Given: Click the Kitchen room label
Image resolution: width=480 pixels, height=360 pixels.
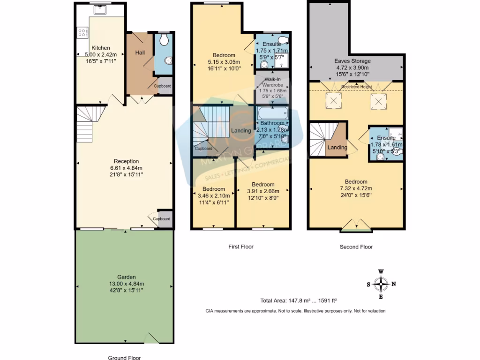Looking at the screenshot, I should coord(101,48).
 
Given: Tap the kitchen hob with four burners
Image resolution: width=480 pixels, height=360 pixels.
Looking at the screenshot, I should coord(82,32).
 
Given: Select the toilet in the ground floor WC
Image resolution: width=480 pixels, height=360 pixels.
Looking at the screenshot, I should coord(164,40).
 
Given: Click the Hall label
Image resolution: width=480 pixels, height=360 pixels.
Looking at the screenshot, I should coord(140,52).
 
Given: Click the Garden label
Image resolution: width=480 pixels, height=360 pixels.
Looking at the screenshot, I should coord(124,277).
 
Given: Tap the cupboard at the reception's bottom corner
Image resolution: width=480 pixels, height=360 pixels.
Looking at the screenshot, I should coord(164,219).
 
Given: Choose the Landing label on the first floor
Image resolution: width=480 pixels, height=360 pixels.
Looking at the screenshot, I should coord(241,131).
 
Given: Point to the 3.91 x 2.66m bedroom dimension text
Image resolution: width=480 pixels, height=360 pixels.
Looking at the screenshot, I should coord(263,191).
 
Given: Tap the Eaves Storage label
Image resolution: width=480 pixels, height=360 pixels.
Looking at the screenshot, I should coord(352,61).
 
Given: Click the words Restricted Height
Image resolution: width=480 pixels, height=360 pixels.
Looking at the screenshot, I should coord(356,87).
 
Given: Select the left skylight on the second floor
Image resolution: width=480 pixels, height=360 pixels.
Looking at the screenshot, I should coord(334,101).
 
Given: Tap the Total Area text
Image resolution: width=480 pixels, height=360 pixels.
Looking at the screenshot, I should coord(299,301).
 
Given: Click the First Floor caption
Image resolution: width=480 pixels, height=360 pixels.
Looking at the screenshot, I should coord(240,247).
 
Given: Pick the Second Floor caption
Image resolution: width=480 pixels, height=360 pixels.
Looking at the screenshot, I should coord(356,247).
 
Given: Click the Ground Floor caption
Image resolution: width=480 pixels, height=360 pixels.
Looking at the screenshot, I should coord(124,358).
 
